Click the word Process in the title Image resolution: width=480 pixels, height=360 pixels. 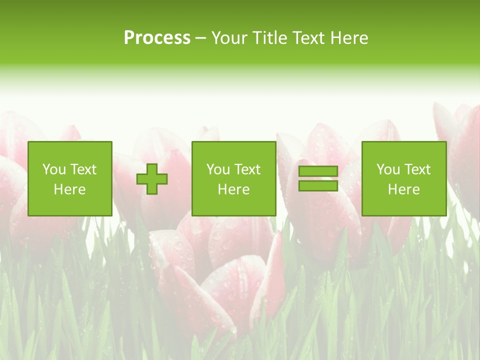click(x=157, y=38)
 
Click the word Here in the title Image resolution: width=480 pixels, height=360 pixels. click(x=348, y=38)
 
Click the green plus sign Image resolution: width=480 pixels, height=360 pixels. click(x=152, y=179)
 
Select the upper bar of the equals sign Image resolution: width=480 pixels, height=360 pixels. click(x=318, y=171)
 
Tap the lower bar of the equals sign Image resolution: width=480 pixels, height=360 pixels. click(x=318, y=186)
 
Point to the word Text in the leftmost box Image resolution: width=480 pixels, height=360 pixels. click(x=83, y=169)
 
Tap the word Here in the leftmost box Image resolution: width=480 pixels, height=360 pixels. click(x=70, y=189)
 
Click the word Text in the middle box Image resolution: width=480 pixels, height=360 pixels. click(x=247, y=169)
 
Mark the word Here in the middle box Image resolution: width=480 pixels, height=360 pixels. click(x=234, y=189)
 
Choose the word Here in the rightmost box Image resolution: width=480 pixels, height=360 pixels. click(x=404, y=189)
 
